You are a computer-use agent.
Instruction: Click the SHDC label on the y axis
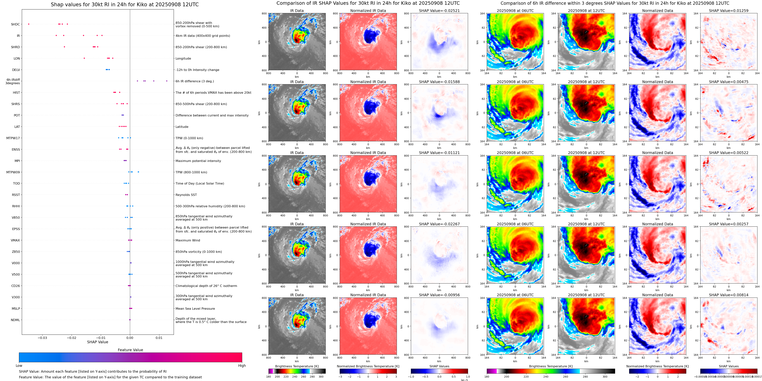tap(15, 24)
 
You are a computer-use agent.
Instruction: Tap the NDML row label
tap(15, 320)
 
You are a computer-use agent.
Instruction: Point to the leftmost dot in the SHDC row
tap(29, 24)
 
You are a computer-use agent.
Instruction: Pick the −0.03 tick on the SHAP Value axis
tap(42, 338)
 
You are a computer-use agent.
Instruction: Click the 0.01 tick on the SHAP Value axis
tap(159, 338)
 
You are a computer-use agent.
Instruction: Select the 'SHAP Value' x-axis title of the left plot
tap(98, 342)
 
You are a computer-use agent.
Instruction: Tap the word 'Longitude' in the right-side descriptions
tap(183, 59)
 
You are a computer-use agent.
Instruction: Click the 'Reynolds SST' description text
tap(186, 195)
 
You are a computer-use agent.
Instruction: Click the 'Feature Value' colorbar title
tap(130, 350)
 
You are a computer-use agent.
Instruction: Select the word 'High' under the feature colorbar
tap(242, 366)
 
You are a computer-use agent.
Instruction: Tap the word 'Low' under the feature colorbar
tap(19, 366)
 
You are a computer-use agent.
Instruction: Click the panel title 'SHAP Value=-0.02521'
tap(439, 11)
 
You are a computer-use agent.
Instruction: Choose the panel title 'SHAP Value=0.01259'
tap(729, 11)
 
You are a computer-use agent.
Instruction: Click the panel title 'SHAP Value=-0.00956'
tap(439, 295)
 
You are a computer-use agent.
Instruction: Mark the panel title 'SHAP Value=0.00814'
tap(729, 295)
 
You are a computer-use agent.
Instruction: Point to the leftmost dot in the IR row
tap(56, 35)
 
